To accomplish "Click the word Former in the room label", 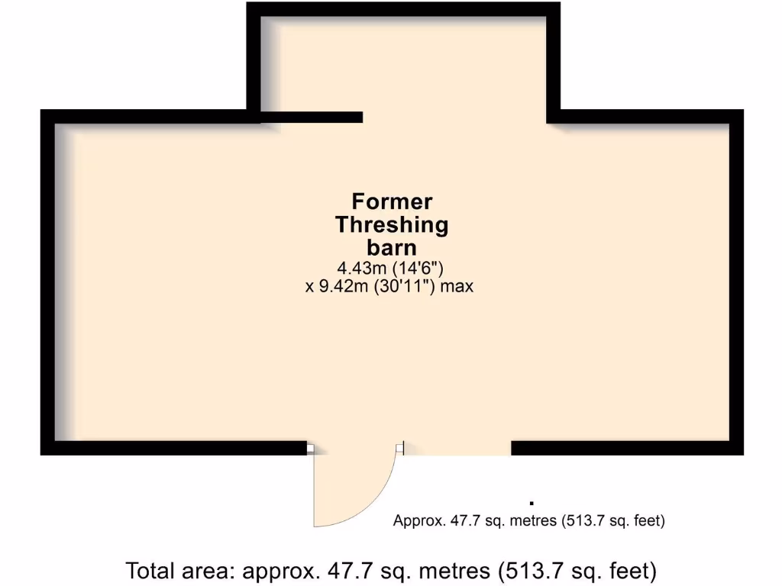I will [x=392, y=202].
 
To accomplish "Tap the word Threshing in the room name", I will [x=392, y=225].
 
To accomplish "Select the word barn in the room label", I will [x=392, y=248].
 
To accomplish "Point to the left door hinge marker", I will [x=311, y=449].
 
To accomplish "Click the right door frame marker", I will [x=400, y=449].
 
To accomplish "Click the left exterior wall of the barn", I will [x=47, y=282].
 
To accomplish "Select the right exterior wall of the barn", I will [x=737, y=282].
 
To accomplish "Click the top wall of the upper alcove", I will [x=403, y=9].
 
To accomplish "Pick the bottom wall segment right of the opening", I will [x=626, y=448].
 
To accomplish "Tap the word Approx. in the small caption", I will [x=416, y=521].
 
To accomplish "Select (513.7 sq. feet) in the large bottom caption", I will [x=575, y=570].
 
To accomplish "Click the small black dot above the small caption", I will [x=531, y=503].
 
